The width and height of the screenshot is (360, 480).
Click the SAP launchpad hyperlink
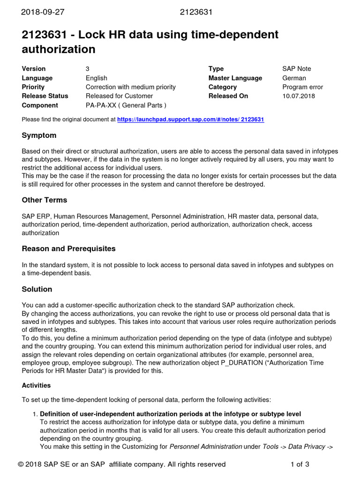click(x=190, y=120)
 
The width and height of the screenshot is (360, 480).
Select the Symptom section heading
click(x=39, y=135)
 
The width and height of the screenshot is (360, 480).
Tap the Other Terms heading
click(x=44, y=200)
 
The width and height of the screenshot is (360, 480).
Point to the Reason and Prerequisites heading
click(x=68, y=248)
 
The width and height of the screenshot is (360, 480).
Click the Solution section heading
click(x=37, y=289)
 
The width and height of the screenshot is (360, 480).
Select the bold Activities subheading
click(x=36, y=385)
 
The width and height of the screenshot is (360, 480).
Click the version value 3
click(x=88, y=69)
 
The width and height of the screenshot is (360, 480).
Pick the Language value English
click(x=96, y=78)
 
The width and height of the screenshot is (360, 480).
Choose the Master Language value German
click(x=294, y=78)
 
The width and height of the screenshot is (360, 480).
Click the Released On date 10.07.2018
click(x=299, y=96)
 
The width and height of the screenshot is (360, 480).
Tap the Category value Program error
click(x=302, y=87)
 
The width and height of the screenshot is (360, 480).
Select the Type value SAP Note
click(x=296, y=69)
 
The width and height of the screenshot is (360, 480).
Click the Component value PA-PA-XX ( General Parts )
click(x=126, y=105)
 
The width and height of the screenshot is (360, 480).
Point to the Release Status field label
click(x=45, y=96)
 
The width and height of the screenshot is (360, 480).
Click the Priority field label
click(x=33, y=87)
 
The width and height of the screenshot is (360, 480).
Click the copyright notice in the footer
click(x=122, y=465)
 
